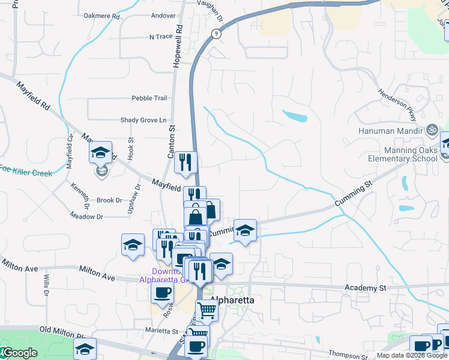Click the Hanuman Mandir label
(391, 130)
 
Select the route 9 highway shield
(215, 34)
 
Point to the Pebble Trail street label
(149, 98)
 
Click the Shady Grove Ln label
(143, 120)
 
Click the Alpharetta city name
(232, 299)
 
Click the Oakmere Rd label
(102, 16)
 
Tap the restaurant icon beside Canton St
(185, 161)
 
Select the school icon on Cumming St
(245, 230)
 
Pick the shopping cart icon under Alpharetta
(206, 310)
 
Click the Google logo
(20, 353)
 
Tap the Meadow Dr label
(86, 216)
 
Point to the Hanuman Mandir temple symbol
(430, 130)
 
